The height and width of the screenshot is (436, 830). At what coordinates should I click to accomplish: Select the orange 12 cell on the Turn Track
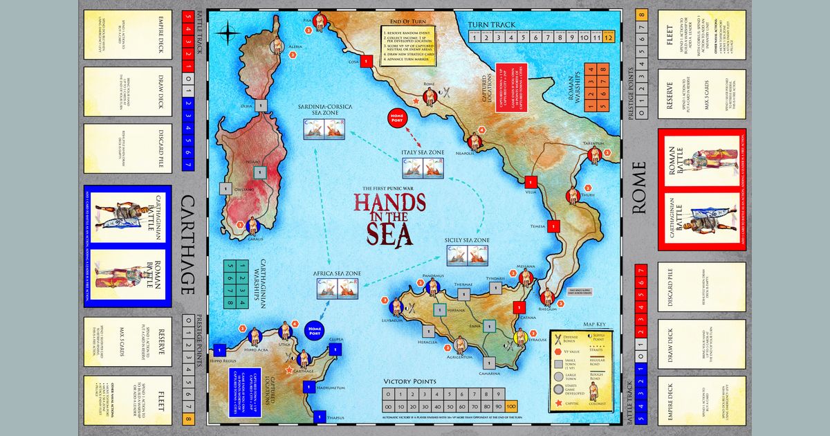tap(609, 38)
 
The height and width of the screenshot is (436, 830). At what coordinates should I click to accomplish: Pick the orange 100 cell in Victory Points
tap(511, 406)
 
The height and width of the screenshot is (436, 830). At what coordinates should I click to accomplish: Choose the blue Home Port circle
tap(315, 331)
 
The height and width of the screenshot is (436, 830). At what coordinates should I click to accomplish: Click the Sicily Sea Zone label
tap(467, 240)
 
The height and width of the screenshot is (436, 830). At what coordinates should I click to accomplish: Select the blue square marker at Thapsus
tap(318, 417)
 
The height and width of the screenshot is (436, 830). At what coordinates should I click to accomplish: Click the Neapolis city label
tap(463, 153)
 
